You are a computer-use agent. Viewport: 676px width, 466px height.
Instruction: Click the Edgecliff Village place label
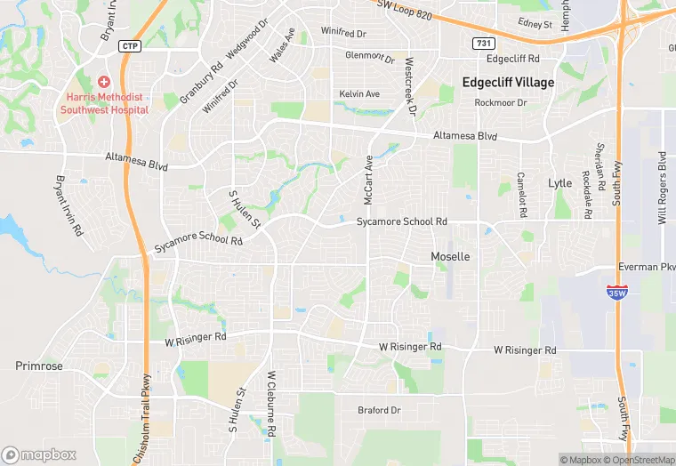click(x=508, y=83)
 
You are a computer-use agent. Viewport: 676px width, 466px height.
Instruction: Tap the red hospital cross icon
click(x=104, y=81)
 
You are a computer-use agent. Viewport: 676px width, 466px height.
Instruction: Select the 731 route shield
click(x=482, y=42)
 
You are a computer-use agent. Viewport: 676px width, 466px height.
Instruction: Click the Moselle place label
click(x=450, y=256)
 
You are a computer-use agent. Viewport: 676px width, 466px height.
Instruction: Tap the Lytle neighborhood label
click(x=560, y=183)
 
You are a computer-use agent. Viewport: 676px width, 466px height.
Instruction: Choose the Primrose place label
click(x=39, y=366)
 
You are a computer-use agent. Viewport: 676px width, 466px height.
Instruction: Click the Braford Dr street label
click(x=380, y=410)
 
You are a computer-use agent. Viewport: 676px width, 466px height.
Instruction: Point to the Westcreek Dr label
click(x=410, y=87)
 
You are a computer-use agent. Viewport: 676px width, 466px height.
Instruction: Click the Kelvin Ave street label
click(x=359, y=93)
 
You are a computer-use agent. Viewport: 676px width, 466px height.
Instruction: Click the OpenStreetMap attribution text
click(x=639, y=460)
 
